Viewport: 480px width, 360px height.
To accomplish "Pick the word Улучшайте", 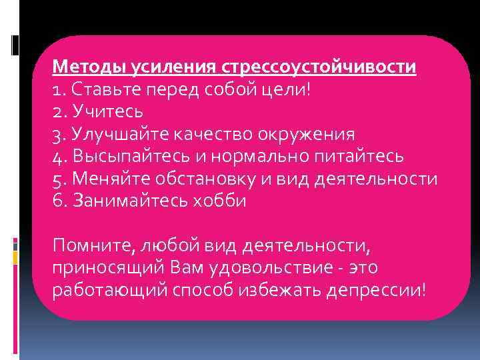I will point(117,134).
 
